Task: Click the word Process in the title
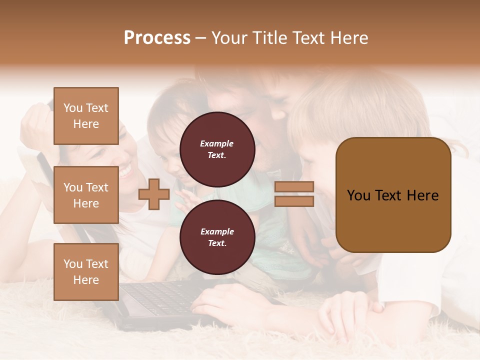point(157,38)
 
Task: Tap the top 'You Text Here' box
point(86,116)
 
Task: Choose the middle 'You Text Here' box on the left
point(86,195)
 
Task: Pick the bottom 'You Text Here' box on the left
point(86,271)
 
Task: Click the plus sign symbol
point(154,194)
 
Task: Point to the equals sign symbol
point(294,194)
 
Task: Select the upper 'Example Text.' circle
point(217,149)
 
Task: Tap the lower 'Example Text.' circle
point(217,237)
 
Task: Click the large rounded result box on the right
point(393,195)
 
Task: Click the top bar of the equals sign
point(294,187)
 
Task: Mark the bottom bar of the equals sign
point(294,201)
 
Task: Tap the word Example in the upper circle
point(217,143)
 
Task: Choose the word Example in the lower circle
point(217,231)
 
